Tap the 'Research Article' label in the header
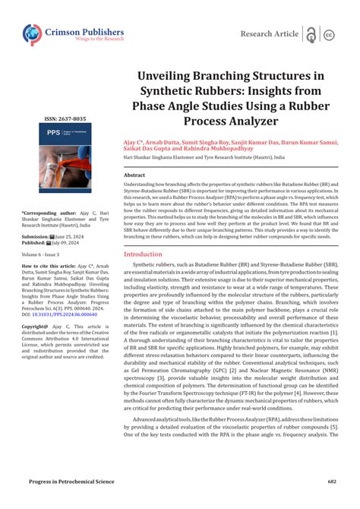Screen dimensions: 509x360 tap(270, 34)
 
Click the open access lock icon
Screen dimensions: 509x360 tap(311, 34)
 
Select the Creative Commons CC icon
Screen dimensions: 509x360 tap(330, 35)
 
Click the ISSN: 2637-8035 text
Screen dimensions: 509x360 tap(65, 119)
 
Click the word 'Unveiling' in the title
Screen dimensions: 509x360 tap(172, 77)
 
